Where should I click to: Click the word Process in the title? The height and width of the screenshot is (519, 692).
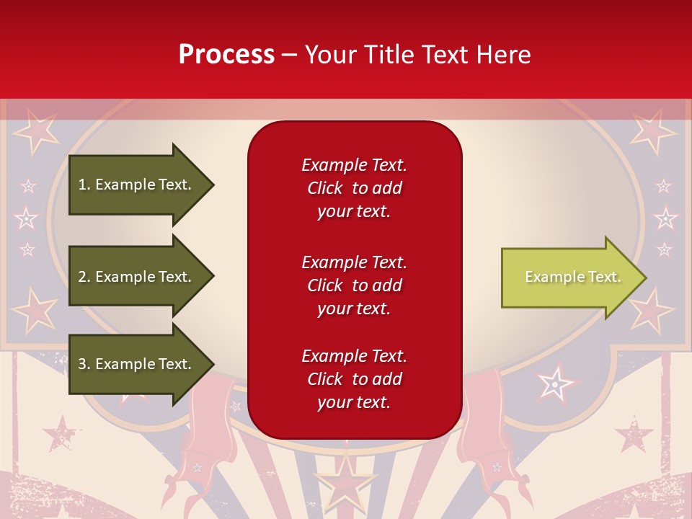tap(226, 55)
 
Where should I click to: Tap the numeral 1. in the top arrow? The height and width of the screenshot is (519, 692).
tap(84, 185)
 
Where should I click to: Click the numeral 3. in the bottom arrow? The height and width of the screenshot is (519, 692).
tap(84, 364)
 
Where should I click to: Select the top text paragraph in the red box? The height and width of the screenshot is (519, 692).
tap(354, 188)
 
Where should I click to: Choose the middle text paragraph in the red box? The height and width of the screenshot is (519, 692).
tap(354, 285)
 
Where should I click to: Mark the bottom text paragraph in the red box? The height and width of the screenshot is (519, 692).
tap(354, 379)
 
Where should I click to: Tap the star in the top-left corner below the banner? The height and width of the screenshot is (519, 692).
tap(35, 130)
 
